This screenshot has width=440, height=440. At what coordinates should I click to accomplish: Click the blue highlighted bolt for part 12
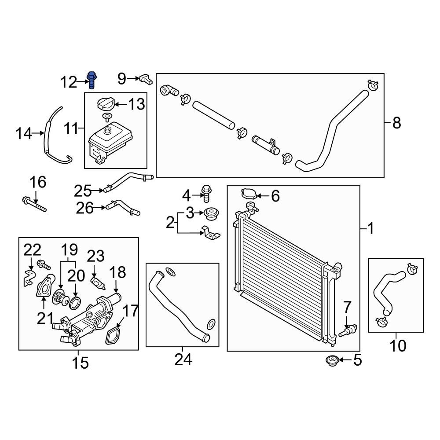(x=92, y=80)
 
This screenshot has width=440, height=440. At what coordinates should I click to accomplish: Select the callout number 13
(x=136, y=104)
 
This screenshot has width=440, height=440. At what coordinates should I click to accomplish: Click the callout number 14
(x=24, y=133)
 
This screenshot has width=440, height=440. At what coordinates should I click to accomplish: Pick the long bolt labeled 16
(x=33, y=204)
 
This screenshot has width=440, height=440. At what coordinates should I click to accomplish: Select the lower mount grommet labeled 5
(x=330, y=361)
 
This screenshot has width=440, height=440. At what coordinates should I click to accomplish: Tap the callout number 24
(x=183, y=359)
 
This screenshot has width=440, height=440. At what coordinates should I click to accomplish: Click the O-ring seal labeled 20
(x=75, y=302)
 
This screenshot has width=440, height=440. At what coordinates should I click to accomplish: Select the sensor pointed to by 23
(x=96, y=282)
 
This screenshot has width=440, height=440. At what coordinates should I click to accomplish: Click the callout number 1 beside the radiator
(x=370, y=229)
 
